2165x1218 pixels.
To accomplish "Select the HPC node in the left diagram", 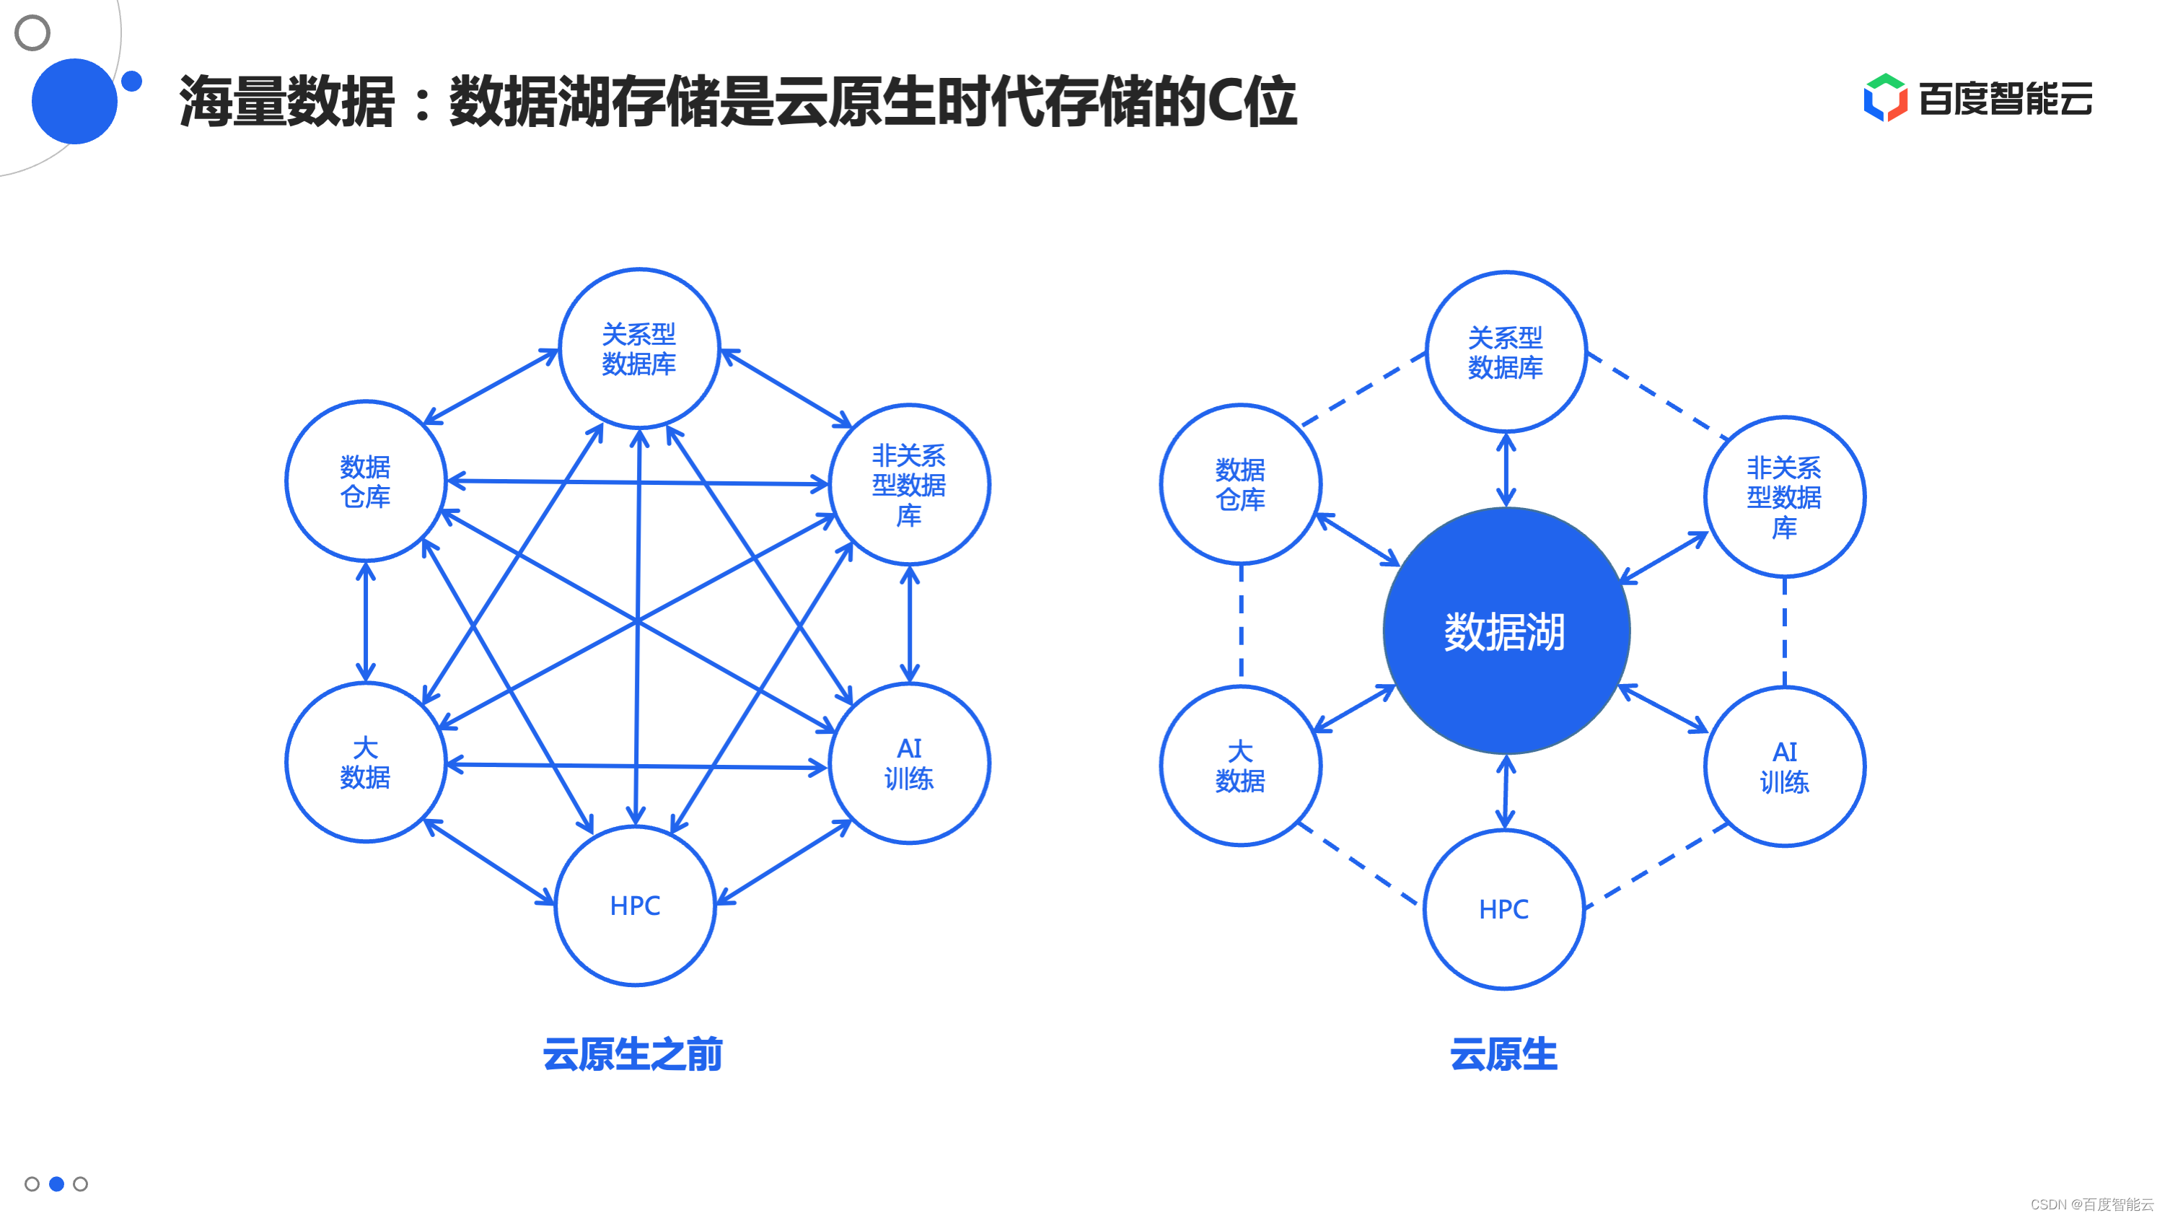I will pyautogui.click(x=636, y=906).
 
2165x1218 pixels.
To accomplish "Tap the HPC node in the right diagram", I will pyautogui.click(x=1504, y=908).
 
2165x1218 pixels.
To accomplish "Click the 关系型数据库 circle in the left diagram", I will pyautogui.click(x=638, y=349).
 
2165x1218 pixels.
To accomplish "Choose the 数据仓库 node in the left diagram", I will pyautogui.click(x=366, y=481).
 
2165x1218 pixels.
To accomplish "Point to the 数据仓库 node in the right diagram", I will pyautogui.click(x=1241, y=484).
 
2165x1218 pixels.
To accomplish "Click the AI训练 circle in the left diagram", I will pyautogui.click(x=910, y=763).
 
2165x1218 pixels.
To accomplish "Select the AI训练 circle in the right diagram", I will pyautogui.click(x=1784, y=766).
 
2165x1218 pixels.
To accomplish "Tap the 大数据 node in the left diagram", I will pyautogui.click(x=366, y=763).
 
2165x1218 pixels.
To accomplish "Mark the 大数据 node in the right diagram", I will pyautogui.click(x=1241, y=766).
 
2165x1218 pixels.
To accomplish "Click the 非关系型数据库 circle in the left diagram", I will pyautogui.click(x=910, y=484).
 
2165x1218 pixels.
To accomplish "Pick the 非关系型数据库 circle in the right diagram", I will pyautogui.click(x=1784, y=496).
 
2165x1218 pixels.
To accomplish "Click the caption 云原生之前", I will pyautogui.click(x=632, y=1054).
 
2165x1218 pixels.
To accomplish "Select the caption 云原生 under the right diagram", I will pyautogui.click(x=1503, y=1054).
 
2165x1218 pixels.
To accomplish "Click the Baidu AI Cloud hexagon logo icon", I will pyautogui.click(x=1885, y=97).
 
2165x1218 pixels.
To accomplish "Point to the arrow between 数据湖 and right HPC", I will pyautogui.click(x=1505, y=792).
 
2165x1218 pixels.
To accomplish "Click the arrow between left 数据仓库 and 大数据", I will pyautogui.click(x=366, y=622).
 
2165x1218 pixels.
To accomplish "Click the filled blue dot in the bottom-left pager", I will pyautogui.click(x=56, y=1183).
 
